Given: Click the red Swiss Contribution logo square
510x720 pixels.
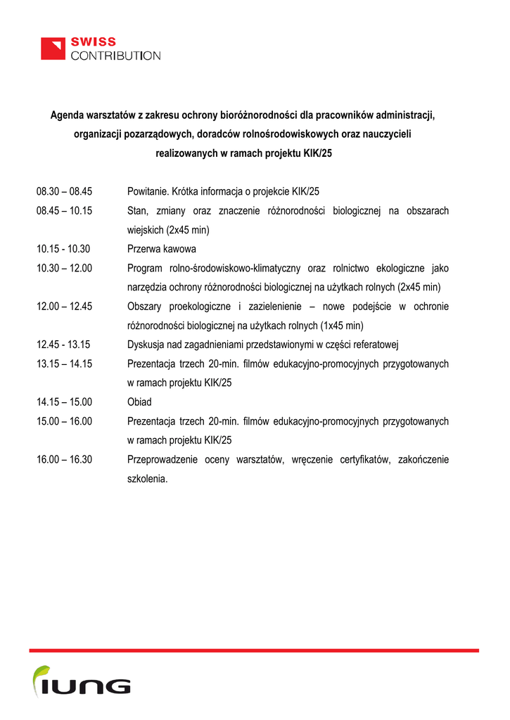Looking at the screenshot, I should coord(52,49).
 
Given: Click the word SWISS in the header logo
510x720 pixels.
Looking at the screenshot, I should coord(93,42).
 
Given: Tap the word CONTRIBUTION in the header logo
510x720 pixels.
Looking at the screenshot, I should coord(115,56).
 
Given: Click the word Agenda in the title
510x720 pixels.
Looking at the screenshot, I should coord(66,115).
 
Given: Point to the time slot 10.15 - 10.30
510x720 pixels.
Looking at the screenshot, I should coord(63,249).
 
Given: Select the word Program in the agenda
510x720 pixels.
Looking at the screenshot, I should coord(144,268).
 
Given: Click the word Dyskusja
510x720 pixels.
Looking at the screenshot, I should coord(146,345).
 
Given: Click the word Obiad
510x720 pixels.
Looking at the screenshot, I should coord(139,402).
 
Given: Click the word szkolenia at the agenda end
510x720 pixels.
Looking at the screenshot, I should coord(147,479).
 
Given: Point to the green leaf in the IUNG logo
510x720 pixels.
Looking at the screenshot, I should coord(42,674).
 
